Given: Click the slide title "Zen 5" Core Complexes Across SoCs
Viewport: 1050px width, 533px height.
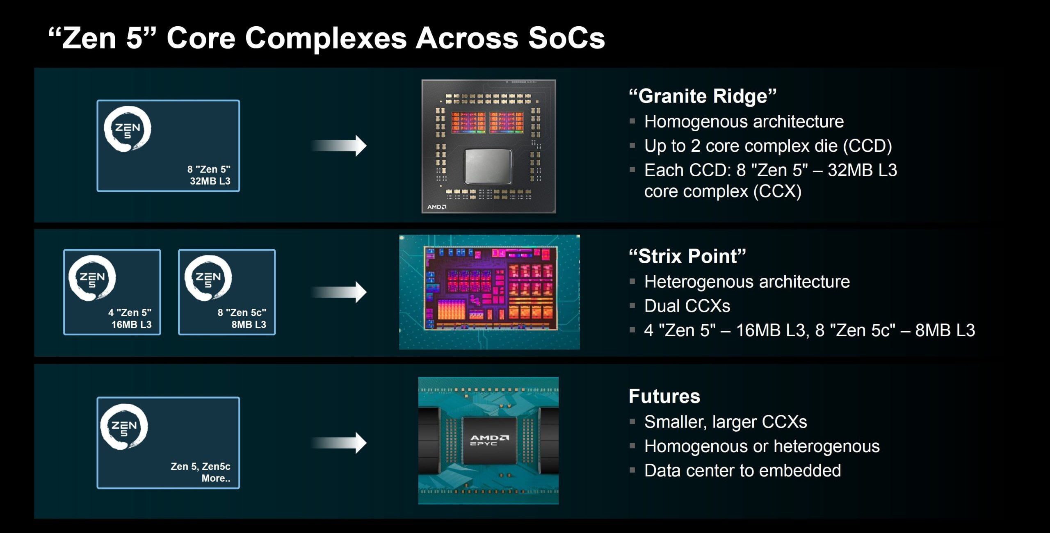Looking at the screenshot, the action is click(326, 38).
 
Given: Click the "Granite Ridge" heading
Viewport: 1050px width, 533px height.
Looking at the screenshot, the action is click(703, 96).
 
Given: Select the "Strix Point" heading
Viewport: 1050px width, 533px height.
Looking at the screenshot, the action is click(687, 256).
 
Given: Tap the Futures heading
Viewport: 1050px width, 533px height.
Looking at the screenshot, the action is click(664, 396).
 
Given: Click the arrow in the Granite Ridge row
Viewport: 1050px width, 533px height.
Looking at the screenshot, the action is click(339, 146).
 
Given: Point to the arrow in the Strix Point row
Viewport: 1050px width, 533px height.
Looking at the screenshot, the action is click(339, 292).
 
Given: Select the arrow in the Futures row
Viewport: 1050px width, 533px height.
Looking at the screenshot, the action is click(339, 443).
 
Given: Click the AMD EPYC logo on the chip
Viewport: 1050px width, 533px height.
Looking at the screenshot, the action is click(489, 440).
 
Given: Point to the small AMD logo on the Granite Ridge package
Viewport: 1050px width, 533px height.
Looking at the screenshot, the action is click(437, 207).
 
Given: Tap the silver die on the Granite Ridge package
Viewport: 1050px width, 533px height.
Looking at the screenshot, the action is click(488, 166).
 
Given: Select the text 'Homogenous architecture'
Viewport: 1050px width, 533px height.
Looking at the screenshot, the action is click(744, 122).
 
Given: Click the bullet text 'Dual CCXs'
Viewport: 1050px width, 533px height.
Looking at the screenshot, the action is click(687, 306).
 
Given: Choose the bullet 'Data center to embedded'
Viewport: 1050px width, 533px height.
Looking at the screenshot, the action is click(743, 471).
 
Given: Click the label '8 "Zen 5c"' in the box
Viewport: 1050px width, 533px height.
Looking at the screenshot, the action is click(242, 312).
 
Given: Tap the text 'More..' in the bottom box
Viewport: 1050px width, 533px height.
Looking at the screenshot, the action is click(216, 478).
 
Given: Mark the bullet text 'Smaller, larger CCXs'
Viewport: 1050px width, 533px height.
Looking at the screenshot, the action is click(726, 422).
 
